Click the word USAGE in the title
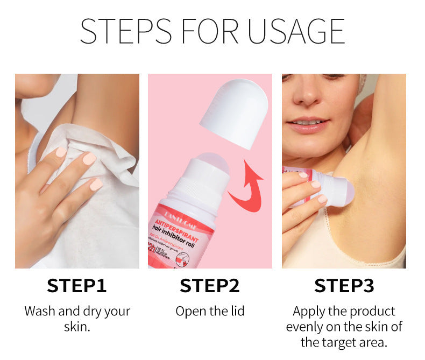[295, 31]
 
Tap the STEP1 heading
[76, 285]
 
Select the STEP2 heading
[209, 285]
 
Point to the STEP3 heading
[344, 285]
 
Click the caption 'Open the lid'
[210, 311]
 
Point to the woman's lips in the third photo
[307, 124]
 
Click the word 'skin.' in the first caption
[77, 327]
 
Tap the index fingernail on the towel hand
[89, 158]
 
